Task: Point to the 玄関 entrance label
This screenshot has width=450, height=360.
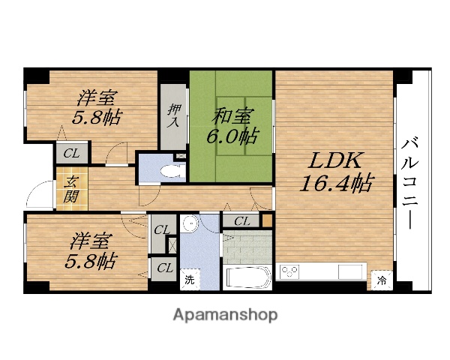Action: click(x=70, y=190)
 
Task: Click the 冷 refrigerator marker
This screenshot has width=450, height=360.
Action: click(x=381, y=281)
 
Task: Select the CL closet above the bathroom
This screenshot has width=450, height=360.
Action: click(x=241, y=220)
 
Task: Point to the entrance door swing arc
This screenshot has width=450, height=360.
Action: click(x=37, y=196)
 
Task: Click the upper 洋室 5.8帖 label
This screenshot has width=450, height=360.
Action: click(x=98, y=107)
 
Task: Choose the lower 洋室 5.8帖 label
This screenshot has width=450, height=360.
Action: click(x=92, y=251)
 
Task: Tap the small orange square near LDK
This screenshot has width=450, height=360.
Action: click(x=266, y=220)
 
